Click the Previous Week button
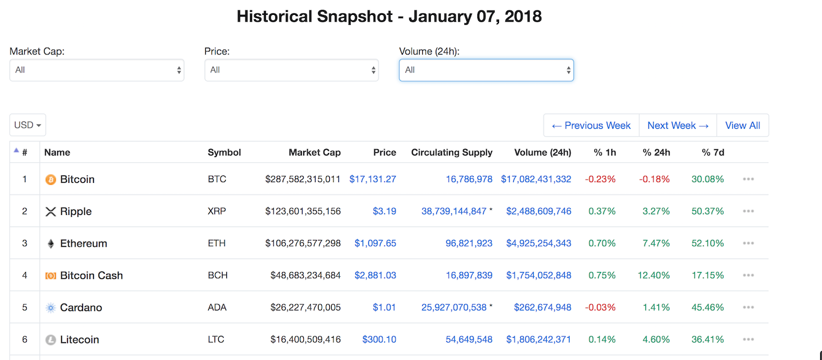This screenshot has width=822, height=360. (x=591, y=125)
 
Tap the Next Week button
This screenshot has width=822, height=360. (x=678, y=125)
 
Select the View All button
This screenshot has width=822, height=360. (x=742, y=125)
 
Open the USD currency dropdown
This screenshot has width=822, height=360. (x=28, y=125)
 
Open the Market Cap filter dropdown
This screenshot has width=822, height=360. (x=97, y=70)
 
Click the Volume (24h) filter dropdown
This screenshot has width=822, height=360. (x=486, y=70)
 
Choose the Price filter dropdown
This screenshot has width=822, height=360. (x=291, y=70)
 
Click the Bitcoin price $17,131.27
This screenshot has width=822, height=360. (x=373, y=179)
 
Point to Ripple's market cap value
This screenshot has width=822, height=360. (x=303, y=211)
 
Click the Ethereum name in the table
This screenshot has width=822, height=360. (x=83, y=244)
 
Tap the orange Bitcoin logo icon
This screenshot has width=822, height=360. (x=51, y=180)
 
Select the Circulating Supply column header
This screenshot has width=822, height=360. (x=451, y=152)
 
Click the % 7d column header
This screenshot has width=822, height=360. (x=713, y=152)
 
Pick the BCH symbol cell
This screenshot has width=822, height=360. (x=218, y=276)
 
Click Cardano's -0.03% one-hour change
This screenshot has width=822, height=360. (x=600, y=308)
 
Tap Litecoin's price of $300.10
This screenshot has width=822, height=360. (x=379, y=340)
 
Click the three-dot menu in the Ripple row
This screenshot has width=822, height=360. (x=748, y=211)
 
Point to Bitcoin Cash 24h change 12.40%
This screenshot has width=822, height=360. (x=653, y=276)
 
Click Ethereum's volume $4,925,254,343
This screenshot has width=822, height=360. (x=539, y=244)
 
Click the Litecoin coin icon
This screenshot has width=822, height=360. (x=51, y=340)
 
